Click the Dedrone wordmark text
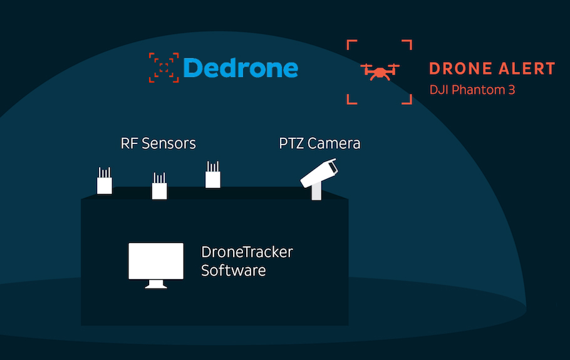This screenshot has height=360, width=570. point(241,68)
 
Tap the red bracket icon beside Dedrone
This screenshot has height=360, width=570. point(163,68)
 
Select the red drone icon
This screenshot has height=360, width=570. point(379,71)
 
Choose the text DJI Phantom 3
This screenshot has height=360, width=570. point(472,90)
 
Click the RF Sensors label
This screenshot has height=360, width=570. point(158,143)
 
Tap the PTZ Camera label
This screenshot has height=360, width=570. point(319,143)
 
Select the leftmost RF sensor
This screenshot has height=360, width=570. point(104,183)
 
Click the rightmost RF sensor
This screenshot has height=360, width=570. point(213,177)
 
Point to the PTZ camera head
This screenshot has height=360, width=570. point(319,173)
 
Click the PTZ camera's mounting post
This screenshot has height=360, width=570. point(316,192)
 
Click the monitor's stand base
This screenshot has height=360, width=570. point(156,286)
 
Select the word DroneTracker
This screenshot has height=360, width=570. point(247,252)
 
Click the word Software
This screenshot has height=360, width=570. point(233,270)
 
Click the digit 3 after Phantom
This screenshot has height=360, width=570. point(511,90)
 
